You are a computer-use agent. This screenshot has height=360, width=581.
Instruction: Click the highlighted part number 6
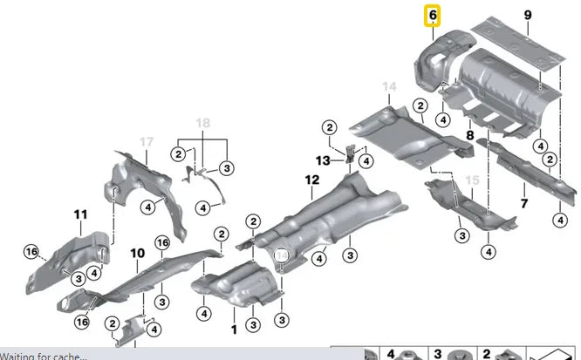tap(432, 16)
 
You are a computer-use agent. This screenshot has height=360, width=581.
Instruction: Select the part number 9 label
tap(526, 14)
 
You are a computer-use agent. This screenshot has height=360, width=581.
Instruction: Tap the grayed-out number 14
tap(389, 86)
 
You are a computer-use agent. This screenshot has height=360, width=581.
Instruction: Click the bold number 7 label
tap(523, 203)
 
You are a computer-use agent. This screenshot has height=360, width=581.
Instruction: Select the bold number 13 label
tap(324, 160)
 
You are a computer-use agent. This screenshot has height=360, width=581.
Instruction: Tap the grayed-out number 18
tap(202, 123)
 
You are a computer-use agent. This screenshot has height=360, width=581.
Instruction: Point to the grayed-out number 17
tap(147, 141)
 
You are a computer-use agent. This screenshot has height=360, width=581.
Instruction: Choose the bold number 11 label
tap(80, 214)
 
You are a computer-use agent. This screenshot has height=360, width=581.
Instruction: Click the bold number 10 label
tap(137, 253)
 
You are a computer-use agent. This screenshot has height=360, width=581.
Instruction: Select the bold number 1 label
tap(233, 329)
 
